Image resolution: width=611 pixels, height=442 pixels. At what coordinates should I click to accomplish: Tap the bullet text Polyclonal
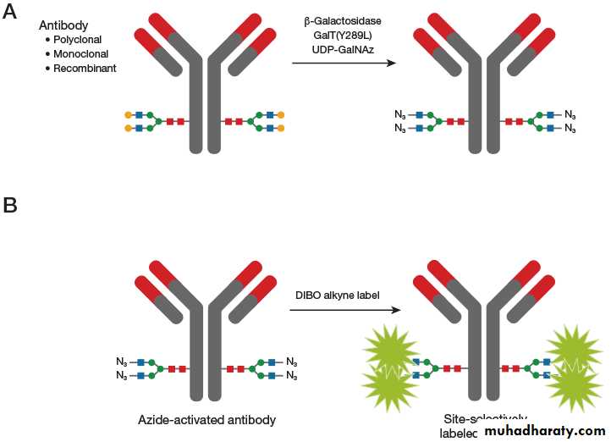tap(78, 40)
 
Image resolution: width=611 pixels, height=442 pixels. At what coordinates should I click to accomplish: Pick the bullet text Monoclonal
tap(80, 53)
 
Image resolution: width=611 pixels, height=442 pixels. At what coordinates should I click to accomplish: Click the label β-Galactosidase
tap(343, 20)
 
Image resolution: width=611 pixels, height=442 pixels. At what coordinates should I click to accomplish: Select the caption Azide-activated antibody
tap(208, 419)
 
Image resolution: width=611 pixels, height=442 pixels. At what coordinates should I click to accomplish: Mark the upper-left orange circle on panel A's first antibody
tap(128, 114)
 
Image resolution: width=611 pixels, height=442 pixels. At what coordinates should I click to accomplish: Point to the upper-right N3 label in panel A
tap(570, 114)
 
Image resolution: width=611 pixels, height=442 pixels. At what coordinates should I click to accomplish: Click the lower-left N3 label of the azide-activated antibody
tap(122, 375)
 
